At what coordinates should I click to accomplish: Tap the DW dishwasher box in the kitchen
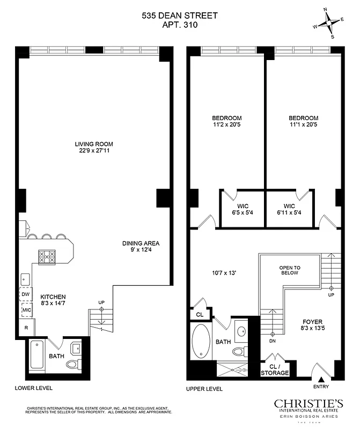[x=26, y=294]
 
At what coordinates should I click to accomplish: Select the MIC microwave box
[x=26, y=310]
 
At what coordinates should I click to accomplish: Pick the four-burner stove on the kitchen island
[x=47, y=257]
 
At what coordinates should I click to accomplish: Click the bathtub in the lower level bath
[x=38, y=354]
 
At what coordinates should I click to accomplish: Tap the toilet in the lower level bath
[x=72, y=365]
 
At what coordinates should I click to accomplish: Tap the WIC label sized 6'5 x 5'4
[x=243, y=209]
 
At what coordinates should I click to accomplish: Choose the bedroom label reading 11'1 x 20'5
[x=303, y=122]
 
